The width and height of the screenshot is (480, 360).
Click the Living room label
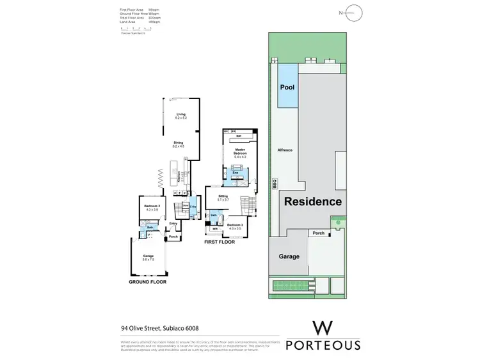click(x=180, y=114)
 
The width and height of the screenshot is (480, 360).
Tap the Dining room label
click(x=178, y=143)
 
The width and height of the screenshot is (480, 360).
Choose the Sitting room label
click(x=223, y=198)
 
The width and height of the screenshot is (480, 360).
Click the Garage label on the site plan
click(x=289, y=256)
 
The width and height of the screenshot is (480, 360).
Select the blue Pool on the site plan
click(x=287, y=86)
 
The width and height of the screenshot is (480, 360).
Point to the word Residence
click(x=313, y=201)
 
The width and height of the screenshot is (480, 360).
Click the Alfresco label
click(x=284, y=149)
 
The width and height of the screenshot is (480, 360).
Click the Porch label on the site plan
click(x=318, y=233)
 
